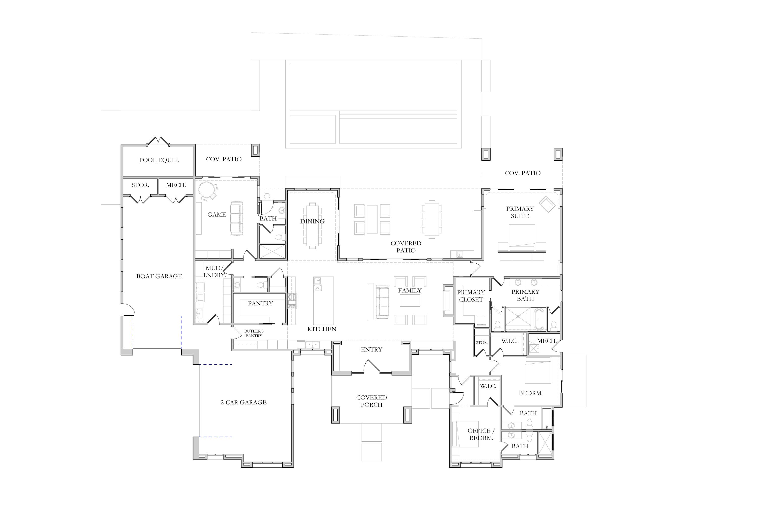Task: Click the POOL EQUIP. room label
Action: coord(159,160)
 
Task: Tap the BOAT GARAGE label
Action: coord(159,276)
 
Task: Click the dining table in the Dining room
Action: coord(312,225)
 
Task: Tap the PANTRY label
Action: coord(260,304)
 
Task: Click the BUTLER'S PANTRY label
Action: coord(254,333)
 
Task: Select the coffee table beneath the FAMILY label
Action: coord(410,301)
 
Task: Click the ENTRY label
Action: coord(371,349)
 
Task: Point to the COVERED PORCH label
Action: coord(371,401)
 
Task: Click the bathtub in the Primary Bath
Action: coord(539,319)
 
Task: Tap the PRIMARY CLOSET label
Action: coord(471,296)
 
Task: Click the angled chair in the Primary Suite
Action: coord(547,204)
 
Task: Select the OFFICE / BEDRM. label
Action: coord(481,434)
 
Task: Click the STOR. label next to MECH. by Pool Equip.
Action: coord(140,185)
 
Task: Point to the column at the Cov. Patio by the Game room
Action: coord(255,150)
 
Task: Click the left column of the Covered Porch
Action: coord(336,415)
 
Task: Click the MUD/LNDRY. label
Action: coord(214,271)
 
